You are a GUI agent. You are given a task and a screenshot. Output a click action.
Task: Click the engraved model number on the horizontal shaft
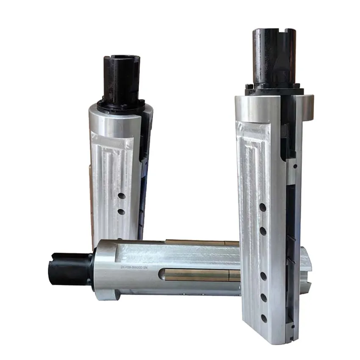point(138,268)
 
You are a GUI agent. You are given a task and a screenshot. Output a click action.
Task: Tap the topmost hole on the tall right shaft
point(263,208)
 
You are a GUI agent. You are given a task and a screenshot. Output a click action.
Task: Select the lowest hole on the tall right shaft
point(264,318)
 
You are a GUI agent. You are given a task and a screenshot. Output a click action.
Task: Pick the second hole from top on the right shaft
point(263,231)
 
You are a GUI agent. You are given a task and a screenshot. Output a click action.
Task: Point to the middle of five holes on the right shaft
point(263,276)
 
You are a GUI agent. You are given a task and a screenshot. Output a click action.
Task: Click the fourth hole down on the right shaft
point(263,297)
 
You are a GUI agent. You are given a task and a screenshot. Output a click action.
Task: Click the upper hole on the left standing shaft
point(121,196)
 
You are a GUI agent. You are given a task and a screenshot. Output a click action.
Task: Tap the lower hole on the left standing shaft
point(121,211)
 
